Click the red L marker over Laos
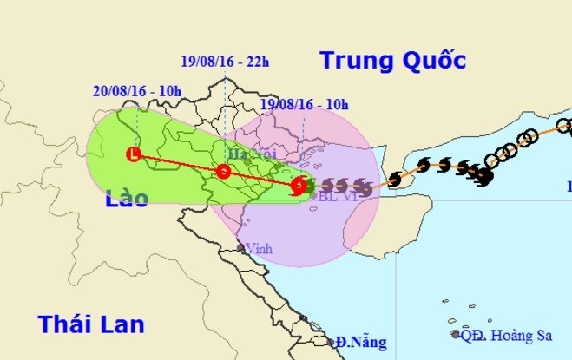[x=133, y=155]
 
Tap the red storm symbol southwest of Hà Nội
[x=224, y=171]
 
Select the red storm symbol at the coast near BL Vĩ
[x=299, y=185]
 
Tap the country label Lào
[x=127, y=200]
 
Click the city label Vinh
[x=259, y=248]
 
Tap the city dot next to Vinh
[x=243, y=247]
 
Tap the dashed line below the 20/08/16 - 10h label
[x=138, y=117]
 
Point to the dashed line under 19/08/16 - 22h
[x=224, y=104]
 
